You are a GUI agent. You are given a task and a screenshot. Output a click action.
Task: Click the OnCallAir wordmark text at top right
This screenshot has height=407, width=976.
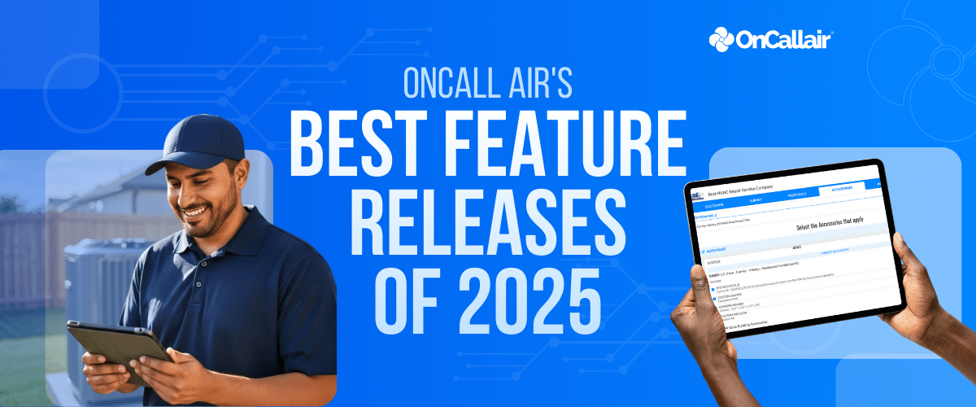[x=786, y=39]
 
